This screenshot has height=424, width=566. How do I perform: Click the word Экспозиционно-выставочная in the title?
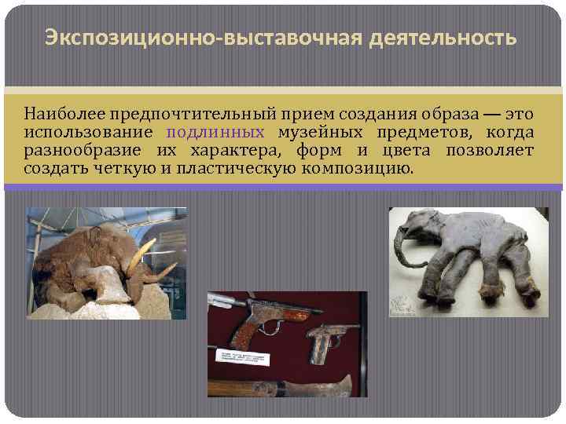click(x=174, y=38)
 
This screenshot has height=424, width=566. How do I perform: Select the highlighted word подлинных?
click(x=215, y=133)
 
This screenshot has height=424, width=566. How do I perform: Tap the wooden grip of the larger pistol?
click(x=244, y=336)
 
